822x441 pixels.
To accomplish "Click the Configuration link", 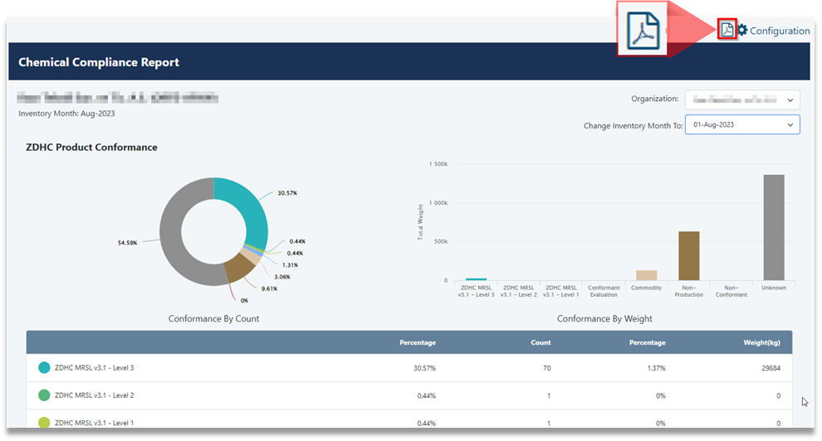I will (780, 31).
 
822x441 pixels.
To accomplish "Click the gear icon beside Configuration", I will (742, 30).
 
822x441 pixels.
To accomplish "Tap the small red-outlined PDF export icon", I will (727, 30).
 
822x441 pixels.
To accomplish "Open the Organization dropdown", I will (742, 99).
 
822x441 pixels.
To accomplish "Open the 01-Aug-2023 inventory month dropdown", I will (742, 125).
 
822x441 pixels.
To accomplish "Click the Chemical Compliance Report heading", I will (99, 62).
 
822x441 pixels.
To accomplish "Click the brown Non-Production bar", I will (688, 255).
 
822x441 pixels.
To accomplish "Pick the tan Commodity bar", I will (646, 275).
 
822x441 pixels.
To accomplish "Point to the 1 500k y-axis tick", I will (438, 164).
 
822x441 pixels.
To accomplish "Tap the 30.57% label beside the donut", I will (287, 193).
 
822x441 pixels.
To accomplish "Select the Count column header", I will (541, 342).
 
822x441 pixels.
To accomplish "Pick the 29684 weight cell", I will (768, 368).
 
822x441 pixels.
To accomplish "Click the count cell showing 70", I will (546, 368).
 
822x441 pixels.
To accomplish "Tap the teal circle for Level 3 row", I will (44, 368).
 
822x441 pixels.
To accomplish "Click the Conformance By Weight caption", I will (604, 318).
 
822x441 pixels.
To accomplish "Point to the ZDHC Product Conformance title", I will (91, 148).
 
